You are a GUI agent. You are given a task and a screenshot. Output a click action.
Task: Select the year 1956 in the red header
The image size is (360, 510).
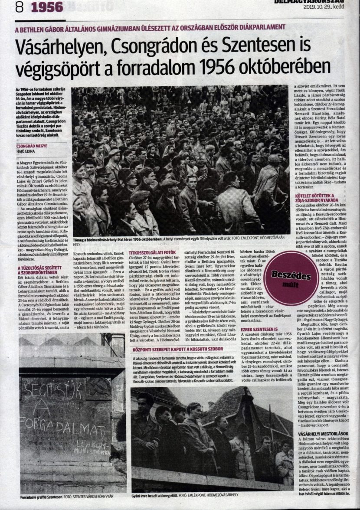click(48, 7)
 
